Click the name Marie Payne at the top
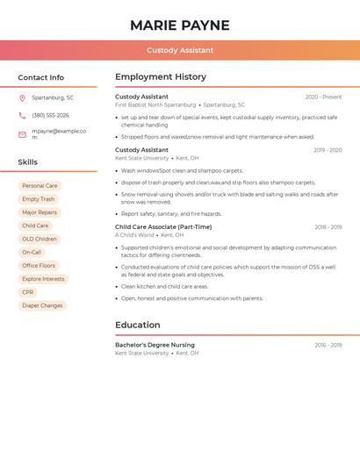click(180, 25)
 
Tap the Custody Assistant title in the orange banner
click(180, 50)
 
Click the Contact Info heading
click(41, 77)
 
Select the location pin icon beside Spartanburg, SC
click(22, 97)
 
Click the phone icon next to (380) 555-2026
click(22, 115)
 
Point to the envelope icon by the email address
click(22, 134)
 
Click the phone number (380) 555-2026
click(50, 115)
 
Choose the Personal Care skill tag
click(40, 186)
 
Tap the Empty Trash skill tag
click(38, 199)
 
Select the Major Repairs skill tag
click(40, 212)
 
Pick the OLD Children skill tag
click(40, 239)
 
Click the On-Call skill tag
click(32, 252)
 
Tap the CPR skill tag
click(28, 292)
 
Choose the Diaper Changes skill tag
click(42, 305)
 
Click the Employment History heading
click(161, 77)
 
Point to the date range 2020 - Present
click(323, 97)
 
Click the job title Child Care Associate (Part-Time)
click(163, 226)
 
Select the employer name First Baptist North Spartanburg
click(155, 104)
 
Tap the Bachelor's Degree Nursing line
click(155, 345)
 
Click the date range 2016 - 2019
click(328, 345)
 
